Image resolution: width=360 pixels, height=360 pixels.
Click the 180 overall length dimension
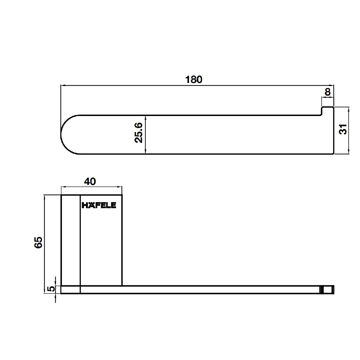tap(194, 79)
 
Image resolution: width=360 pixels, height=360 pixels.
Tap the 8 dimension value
tap(328, 92)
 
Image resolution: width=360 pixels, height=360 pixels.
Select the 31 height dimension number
tap(343, 129)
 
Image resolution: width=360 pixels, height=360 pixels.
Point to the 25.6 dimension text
tap(138, 133)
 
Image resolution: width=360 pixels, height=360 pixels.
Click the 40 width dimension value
tap(90, 182)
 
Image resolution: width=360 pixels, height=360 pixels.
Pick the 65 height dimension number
tap(38, 242)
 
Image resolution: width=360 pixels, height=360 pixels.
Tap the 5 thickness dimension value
tap(51, 289)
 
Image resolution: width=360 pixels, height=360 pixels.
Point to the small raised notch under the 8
tap(327, 111)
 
